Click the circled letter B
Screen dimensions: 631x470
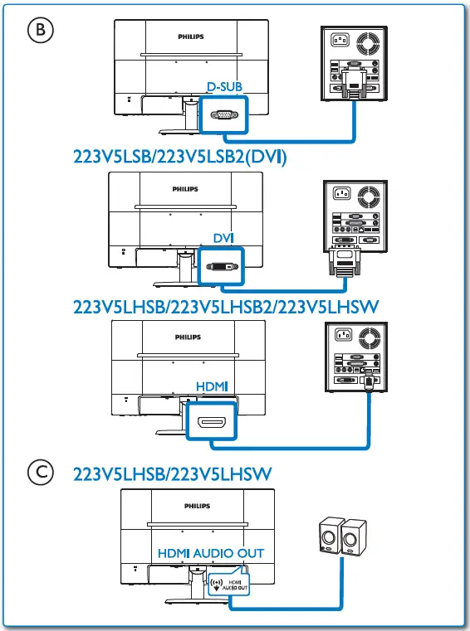[x=39, y=30]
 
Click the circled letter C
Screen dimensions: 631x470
[x=39, y=472]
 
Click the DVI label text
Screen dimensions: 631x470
[x=223, y=238]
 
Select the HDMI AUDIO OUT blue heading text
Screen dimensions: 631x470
[x=210, y=553]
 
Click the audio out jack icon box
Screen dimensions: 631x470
[x=228, y=585]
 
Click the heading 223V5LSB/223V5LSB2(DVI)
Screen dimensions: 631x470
[x=180, y=156]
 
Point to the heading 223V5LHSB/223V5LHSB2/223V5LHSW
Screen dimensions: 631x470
[x=226, y=307]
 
